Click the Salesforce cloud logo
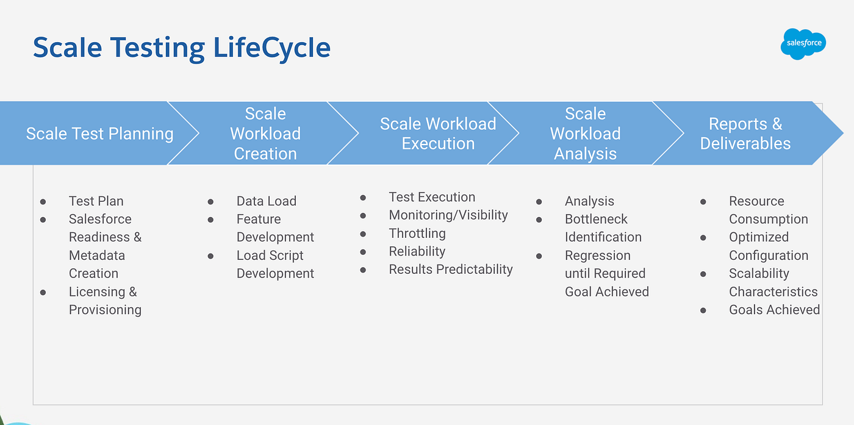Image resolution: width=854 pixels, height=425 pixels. [x=803, y=44]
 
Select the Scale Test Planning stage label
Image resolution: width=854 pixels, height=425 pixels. [x=99, y=134]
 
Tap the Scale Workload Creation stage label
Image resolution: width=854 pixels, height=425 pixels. [x=265, y=134]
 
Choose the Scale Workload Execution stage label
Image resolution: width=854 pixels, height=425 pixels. [x=438, y=134]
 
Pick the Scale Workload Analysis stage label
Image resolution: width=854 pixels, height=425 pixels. [x=585, y=134]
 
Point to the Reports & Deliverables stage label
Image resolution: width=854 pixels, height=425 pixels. [x=745, y=134]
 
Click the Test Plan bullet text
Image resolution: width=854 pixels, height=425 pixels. [x=96, y=201]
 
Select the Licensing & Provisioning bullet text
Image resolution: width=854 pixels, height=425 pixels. [x=105, y=301]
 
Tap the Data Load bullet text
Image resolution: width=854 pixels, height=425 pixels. [x=266, y=201]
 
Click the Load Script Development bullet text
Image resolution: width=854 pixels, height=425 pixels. [x=275, y=265]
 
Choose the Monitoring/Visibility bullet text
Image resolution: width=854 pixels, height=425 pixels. [x=448, y=215]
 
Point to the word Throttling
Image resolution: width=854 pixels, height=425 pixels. [x=417, y=234]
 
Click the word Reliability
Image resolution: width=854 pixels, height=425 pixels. [x=417, y=251]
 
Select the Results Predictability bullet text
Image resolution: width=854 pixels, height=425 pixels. [x=451, y=270]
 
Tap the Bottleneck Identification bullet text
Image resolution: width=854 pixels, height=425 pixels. [x=603, y=228]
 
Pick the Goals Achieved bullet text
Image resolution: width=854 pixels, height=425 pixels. [x=774, y=310]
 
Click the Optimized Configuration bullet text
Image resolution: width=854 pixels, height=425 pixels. [x=768, y=246]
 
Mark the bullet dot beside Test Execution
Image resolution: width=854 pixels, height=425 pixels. [x=363, y=198]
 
